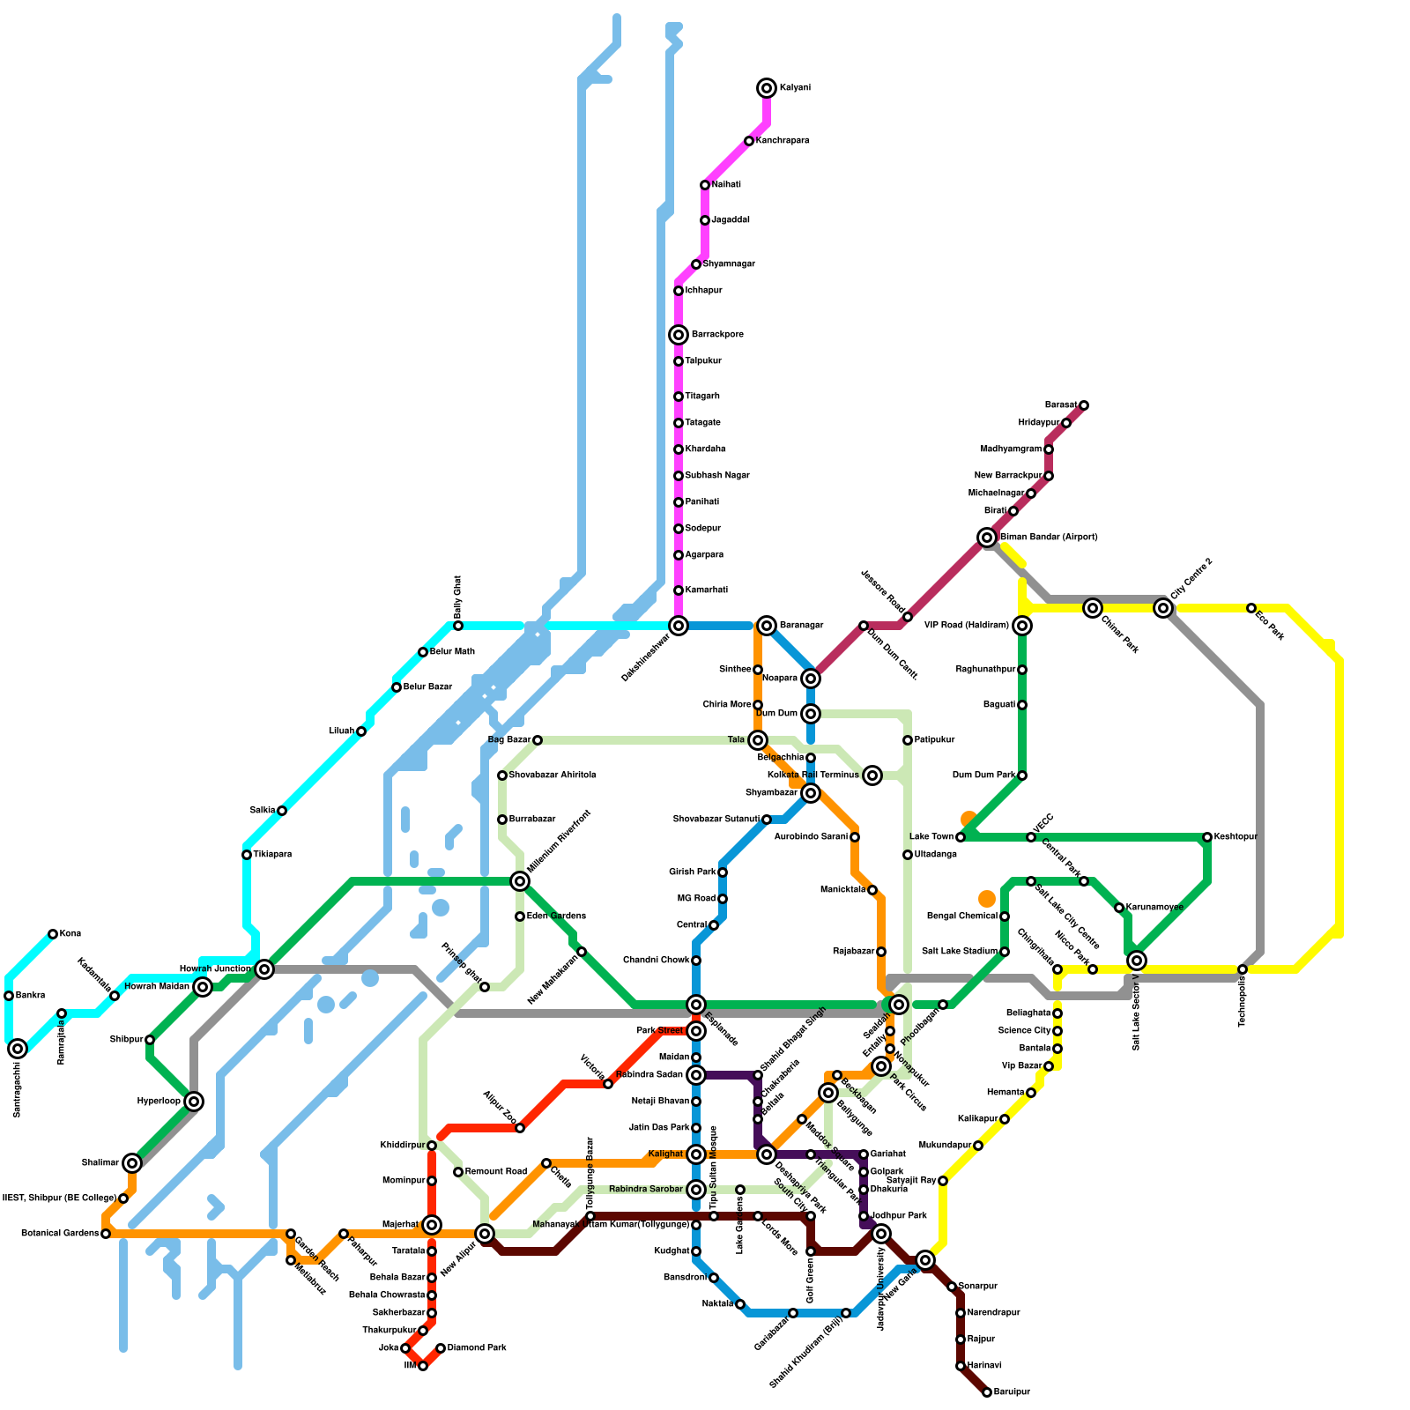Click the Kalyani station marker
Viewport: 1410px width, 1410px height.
point(767,88)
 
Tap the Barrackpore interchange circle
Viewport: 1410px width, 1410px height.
point(679,335)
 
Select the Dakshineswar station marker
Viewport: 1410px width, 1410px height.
point(679,626)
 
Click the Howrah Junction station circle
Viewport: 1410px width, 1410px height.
point(264,969)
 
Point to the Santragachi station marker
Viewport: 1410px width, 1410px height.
point(18,1049)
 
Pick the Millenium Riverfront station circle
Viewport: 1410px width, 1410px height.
point(520,881)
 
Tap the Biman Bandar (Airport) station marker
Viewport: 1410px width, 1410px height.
point(987,538)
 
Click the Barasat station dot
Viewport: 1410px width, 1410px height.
point(1084,405)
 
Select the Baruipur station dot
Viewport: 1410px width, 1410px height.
point(987,1392)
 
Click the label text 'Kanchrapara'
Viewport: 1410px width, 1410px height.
point(783,141)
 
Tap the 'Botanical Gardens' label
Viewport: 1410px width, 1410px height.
point(60,1234)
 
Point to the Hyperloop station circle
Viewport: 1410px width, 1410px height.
point(194,1102)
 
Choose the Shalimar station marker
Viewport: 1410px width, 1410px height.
point(132,1163)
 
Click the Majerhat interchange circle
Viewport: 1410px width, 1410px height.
point(432,1225)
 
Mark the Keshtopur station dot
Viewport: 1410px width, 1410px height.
point(1207,837)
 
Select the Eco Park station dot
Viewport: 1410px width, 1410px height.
point(1251,608)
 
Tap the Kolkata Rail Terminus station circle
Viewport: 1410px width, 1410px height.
point(872,775)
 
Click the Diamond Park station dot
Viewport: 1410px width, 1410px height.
point(441,1348)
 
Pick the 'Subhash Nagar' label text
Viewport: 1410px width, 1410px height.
point(717,476)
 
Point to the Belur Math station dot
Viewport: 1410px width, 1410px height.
point(423,652)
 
